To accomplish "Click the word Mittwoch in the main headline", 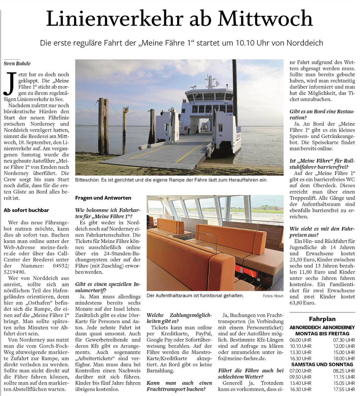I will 265,19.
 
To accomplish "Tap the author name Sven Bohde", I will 17,64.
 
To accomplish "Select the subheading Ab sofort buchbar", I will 26,210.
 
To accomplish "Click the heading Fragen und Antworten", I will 103,198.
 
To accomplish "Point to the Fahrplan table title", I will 322,319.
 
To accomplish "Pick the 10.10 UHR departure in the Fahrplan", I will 300,346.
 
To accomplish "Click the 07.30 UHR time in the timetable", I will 344,340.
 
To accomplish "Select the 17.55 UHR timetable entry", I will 344,389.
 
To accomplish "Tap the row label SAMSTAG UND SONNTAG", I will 322,364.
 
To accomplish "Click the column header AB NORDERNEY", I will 338,327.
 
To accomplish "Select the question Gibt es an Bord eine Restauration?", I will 322,115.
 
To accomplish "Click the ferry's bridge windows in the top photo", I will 210,97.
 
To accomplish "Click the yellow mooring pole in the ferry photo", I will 124,120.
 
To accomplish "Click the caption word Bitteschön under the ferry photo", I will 87,180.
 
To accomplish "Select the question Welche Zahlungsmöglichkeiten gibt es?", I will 179,318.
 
